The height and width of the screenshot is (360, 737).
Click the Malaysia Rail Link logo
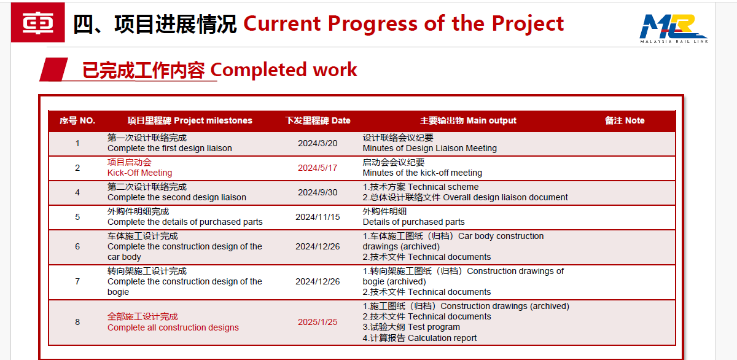coord(674,28)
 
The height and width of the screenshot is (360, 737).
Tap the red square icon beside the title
coord(37,23)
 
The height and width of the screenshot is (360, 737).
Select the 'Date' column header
coord(318,120)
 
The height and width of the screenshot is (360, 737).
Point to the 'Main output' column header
coord(468,120)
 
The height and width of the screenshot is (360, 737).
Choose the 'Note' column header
coord(625,120)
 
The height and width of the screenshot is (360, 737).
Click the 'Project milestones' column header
coord(190,120)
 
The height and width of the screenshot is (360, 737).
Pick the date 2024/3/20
coord(318,143)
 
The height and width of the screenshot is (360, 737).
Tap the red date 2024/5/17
coord(318,168)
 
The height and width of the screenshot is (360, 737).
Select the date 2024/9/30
coord(318,192)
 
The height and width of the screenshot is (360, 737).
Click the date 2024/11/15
coord(318,217)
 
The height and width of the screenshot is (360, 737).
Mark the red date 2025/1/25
coord(318,322)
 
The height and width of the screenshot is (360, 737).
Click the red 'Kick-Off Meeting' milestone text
coord(139,173)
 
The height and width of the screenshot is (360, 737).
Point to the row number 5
coord(77,217)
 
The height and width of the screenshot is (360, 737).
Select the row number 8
coord(77,322)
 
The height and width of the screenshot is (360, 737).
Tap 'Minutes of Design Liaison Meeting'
coord(429,148)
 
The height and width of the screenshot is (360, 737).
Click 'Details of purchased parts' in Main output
coord(413,222)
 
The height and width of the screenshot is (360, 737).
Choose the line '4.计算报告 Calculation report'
coord(419,338)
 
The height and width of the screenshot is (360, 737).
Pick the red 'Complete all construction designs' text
coord(173,327)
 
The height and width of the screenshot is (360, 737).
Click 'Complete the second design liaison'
coord(176,197)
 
